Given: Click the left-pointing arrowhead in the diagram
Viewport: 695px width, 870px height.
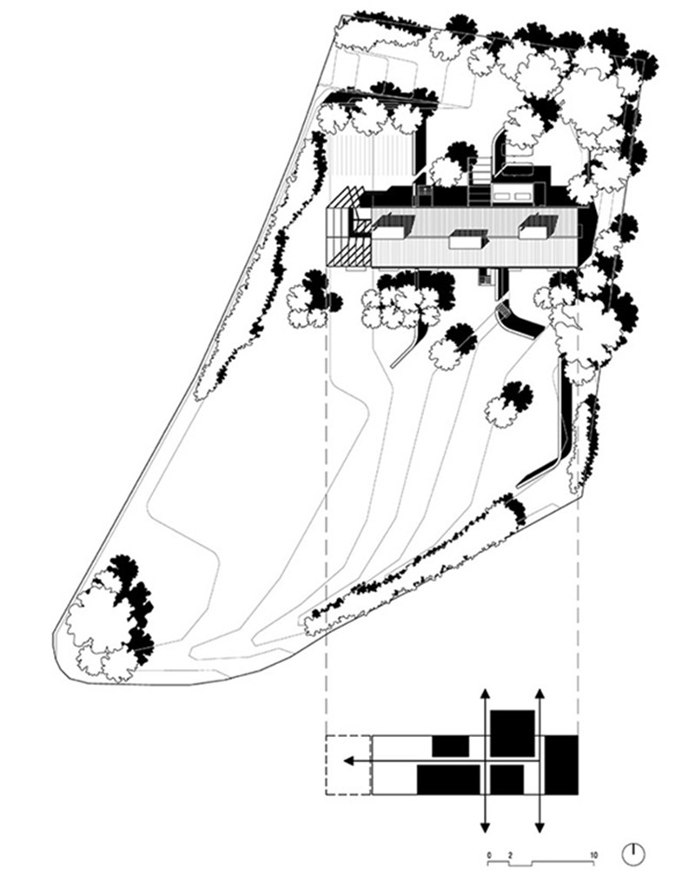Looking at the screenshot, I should tap(348, 761).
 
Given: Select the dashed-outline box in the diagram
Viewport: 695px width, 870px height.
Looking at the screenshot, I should tap(348, 764).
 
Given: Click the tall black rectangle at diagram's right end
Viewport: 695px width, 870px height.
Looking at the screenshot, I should tap(561, 763).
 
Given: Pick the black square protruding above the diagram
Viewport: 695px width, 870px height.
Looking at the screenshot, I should tap(512, 732).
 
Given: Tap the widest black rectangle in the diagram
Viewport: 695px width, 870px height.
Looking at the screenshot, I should tap(448, 779).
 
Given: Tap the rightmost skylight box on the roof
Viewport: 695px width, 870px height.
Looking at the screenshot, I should tap(533, 228).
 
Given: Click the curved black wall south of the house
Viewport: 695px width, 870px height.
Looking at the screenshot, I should tap(518, 319).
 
